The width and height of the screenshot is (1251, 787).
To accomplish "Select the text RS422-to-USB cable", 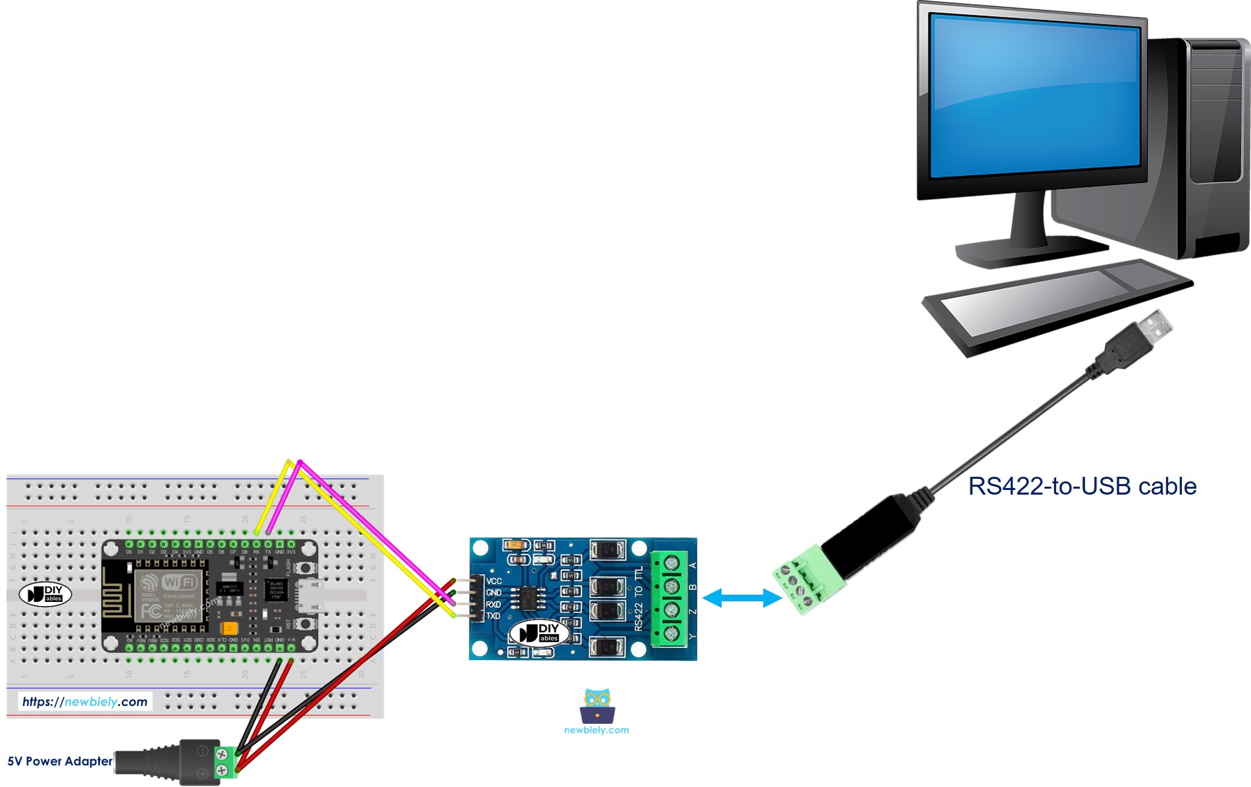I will [x=1082, y=486].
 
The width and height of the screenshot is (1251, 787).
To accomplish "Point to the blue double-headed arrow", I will [x=742, y=598].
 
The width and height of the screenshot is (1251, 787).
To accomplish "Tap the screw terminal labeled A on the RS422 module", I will [x=671, y=564].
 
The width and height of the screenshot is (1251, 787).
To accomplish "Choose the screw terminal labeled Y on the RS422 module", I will [x=671, y=634].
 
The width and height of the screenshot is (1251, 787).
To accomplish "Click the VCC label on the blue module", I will [x=494, y=581].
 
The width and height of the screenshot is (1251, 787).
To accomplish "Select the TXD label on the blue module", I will [x=493, y=616].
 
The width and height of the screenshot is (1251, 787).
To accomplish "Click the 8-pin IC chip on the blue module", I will [x=531, y=598].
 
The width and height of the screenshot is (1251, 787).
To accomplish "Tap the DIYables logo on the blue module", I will [x=539, y=633].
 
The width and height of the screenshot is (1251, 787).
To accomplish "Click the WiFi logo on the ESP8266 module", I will [x=178, y=582].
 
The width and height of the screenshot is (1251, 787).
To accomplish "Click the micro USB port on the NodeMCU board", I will [x=309, y=595].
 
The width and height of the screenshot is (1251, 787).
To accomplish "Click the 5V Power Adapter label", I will [x=60, y=761].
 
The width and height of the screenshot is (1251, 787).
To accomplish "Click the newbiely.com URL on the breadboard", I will [x=85, y=702].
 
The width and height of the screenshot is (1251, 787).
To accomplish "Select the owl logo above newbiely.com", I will [x=597, y=705].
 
